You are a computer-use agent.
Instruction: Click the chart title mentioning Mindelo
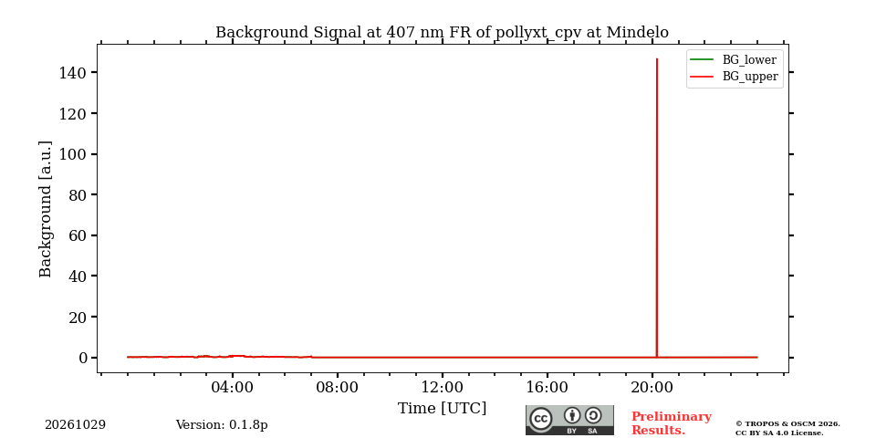coord(442,33)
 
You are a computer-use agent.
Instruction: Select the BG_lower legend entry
coord(733,60)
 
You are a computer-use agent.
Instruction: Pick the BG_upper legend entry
coord(734,77)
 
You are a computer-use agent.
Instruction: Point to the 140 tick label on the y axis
coord(74,73)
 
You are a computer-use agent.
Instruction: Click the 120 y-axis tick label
coord(74,113)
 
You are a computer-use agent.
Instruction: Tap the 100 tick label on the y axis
coord(74,154)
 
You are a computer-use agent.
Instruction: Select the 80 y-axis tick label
coord(78,195)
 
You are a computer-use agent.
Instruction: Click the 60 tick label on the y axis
coord(78,235)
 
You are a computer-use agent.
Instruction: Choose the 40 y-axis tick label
coord(78,276)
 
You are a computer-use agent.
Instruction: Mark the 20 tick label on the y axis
coord(78,318)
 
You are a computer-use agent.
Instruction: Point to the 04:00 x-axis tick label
coord(233,387)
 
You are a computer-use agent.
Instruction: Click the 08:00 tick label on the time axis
coord(338,387)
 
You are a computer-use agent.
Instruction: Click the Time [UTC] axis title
coord(442,409)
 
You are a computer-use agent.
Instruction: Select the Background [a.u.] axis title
coord(46,209)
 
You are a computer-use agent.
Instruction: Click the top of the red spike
coord(656,58)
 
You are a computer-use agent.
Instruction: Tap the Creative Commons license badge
coord(569,420)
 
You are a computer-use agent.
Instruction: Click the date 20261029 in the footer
coord(76,425)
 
